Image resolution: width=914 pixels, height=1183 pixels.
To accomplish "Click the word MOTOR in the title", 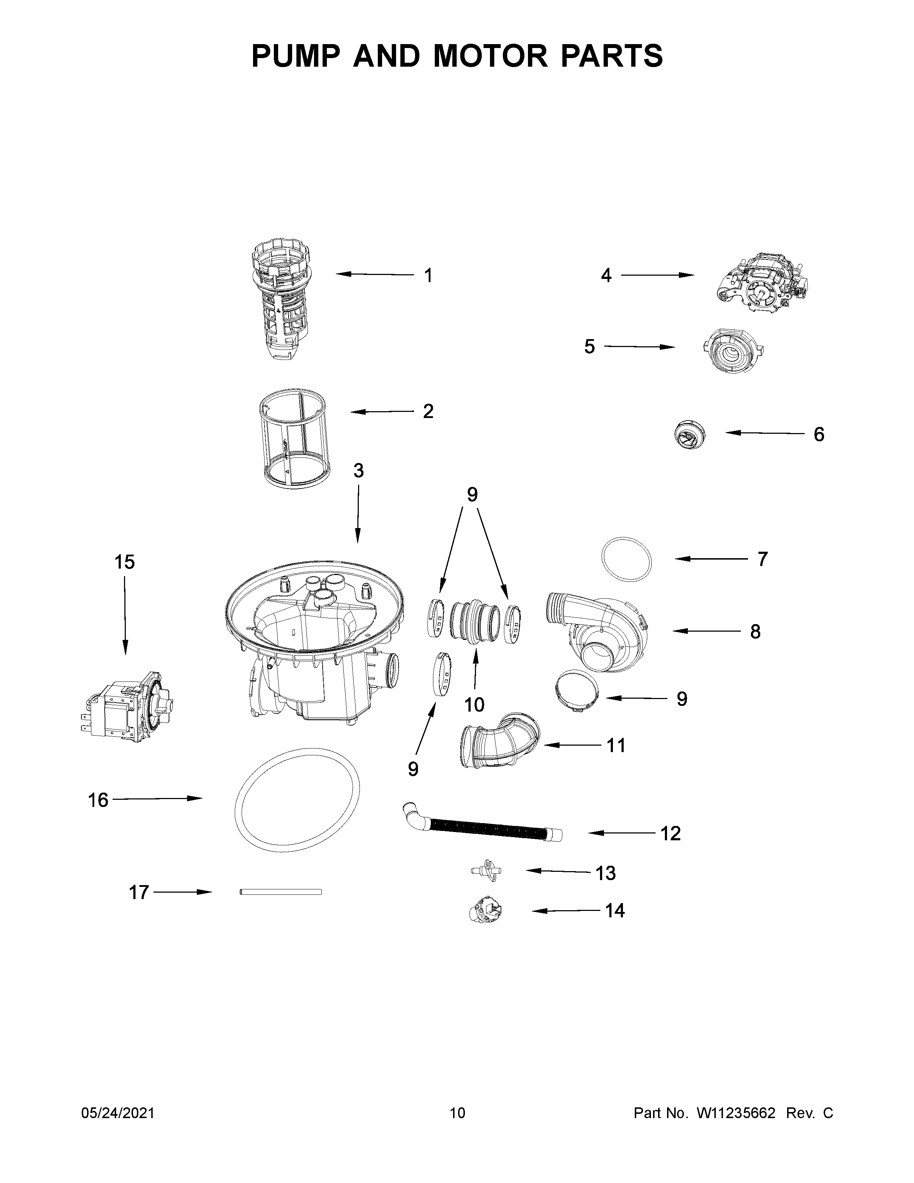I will [x=491, y=56].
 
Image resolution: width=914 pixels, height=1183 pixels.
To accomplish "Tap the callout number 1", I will [x=428, y=276].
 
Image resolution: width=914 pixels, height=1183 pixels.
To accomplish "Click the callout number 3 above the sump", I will [x=358, y=471].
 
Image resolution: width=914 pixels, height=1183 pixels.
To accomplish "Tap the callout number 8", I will [x=755, y=632].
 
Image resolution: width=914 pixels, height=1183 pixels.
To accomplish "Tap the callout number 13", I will [x=605, y=873].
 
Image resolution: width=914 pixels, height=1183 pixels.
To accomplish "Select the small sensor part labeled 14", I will [x=485, y=911].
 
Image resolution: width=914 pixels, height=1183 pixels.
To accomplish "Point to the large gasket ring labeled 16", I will [x=297, y=799].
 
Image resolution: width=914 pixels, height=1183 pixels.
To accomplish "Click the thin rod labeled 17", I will [x=281, y=892].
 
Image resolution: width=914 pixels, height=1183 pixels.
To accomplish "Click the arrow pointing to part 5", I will [x=639, y=347].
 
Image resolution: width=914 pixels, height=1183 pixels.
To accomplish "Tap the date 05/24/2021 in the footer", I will [x=118, y=1113].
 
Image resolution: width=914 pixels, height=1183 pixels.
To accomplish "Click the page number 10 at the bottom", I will [x=457, y=1113].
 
